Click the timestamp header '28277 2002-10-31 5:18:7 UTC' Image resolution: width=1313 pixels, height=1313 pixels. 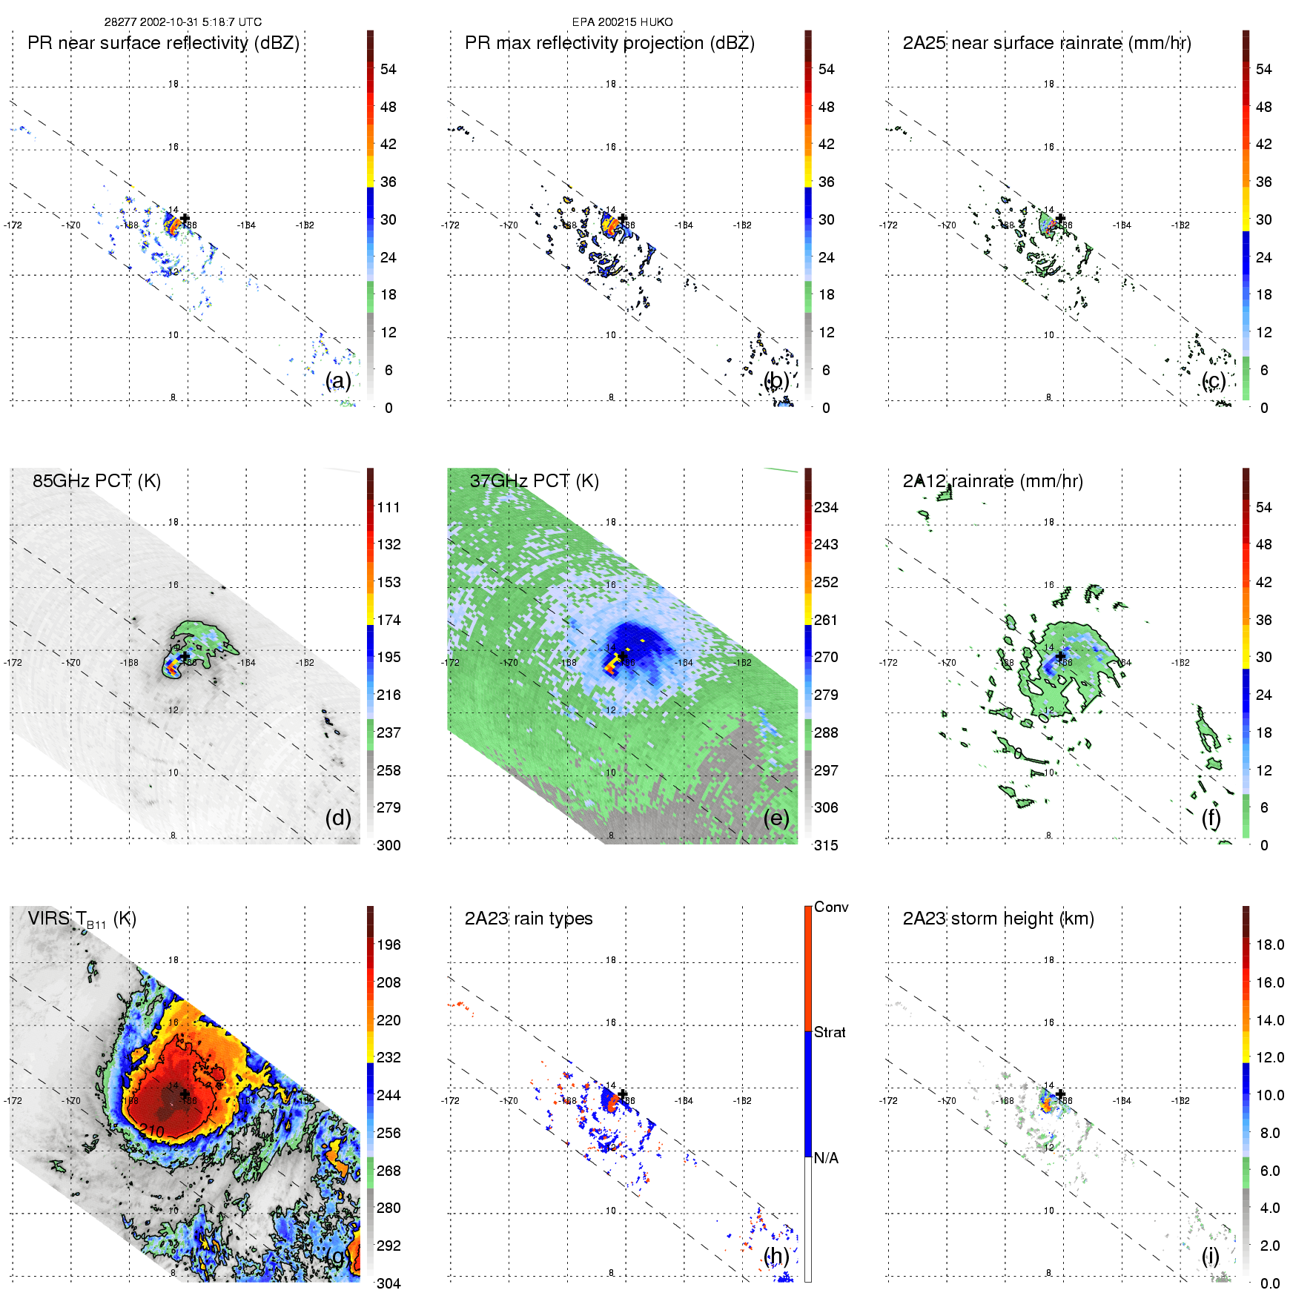click(x=182, y=22)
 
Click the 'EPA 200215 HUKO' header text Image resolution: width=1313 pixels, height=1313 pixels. click(x=622, y=22)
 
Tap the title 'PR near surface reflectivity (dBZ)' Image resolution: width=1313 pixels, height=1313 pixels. click(x=163, y=43)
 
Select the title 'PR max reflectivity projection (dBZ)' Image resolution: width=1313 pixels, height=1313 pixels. click(x=609, y=43)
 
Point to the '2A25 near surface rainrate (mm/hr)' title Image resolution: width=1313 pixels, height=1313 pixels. click(x=1047, y=43)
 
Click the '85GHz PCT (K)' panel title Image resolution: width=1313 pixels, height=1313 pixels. click(x=96, y=481)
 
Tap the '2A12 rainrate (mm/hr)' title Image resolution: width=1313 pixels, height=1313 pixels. click(x=993, y=481)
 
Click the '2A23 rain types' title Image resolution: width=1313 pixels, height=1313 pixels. click(x=529, y=919)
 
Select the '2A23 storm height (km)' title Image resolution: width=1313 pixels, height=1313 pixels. click(x=998, y=919)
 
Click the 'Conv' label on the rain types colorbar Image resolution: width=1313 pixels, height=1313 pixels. click(x=831, y=907)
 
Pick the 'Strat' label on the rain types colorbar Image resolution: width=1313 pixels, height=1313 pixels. click(x=830, y=1032)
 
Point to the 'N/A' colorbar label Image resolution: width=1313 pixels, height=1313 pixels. click(x=826, y=1158)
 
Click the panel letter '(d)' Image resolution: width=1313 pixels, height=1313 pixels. click(x=338, y=818)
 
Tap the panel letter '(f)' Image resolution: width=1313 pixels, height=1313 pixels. click(x=1211, y=818)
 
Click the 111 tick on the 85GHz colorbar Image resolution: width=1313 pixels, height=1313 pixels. click(x=388, y=507)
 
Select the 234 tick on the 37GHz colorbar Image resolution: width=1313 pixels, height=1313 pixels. click(x=826, y=507)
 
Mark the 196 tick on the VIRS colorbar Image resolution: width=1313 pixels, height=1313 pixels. click(x=388, y=945)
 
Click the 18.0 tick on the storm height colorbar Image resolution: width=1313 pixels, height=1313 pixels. click(x=1270, y=945)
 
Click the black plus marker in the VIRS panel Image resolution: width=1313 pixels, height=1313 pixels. click(x=185, y=1094)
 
